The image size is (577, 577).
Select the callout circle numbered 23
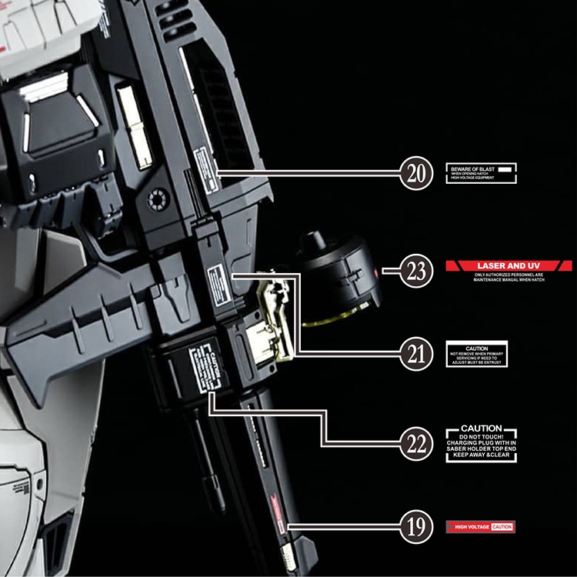pyautogui.click(x=416, y=271)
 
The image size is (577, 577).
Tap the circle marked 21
pyautogui.click(x=416, y=354)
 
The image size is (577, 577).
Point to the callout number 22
pyautogui.click(x=416, y=442)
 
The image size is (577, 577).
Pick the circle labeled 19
pyautogui.click(x=416, y=527)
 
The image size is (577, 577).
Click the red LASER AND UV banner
pyautogui.click(x=509, y=265)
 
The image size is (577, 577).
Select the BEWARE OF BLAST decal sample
pyautogui.click(x=481, y=172)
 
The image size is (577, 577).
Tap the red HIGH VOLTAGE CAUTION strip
pyautogui.click(x=479, y=527)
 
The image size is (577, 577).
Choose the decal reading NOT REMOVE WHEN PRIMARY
pyautogui.click(x=477, y=355)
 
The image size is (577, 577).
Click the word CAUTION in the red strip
pyautogui.click(x=502, y=527)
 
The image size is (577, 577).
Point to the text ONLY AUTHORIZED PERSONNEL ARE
pyautogui.click(x=509, y=275)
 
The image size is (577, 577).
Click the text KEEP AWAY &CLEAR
pyautogui.click(x=481, y=455)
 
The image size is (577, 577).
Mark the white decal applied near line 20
pyautogui.click(x=204, y=162)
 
